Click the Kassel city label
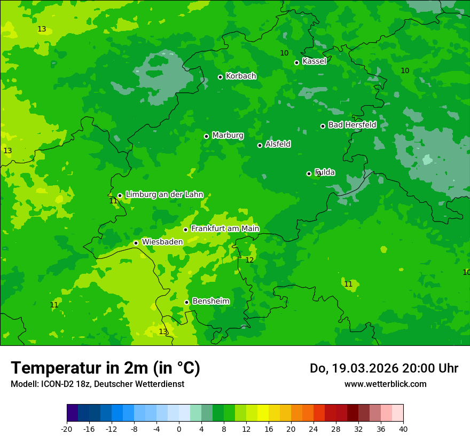click(x=314, y=61)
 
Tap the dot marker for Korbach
click(x=220, y=77)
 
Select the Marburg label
click(x=228, y=136)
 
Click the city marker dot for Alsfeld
click(x=260, y=145)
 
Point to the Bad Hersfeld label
click(x=352, y=125)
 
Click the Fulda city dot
click(x=309, y=173)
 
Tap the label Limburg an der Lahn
click(x=164, y=195)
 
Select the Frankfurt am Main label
click(x=225, y=228)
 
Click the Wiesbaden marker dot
click(x=136, y=243)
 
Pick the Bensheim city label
click(x=210, y=301)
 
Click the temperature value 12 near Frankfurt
click(x=249, y=260)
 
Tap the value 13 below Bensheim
click(x=163, y=331)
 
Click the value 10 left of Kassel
click(x=284, y=53)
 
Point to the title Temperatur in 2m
click(x=105, y=368)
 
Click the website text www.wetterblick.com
click(x=385, y=384)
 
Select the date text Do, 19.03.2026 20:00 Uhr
click(x=383, y=368)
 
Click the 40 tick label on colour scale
click(x=403, y=429)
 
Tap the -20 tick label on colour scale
click(x=67, y=429)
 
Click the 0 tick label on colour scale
click(x=179, y=429)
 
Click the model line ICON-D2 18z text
click(x=97, y=384)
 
